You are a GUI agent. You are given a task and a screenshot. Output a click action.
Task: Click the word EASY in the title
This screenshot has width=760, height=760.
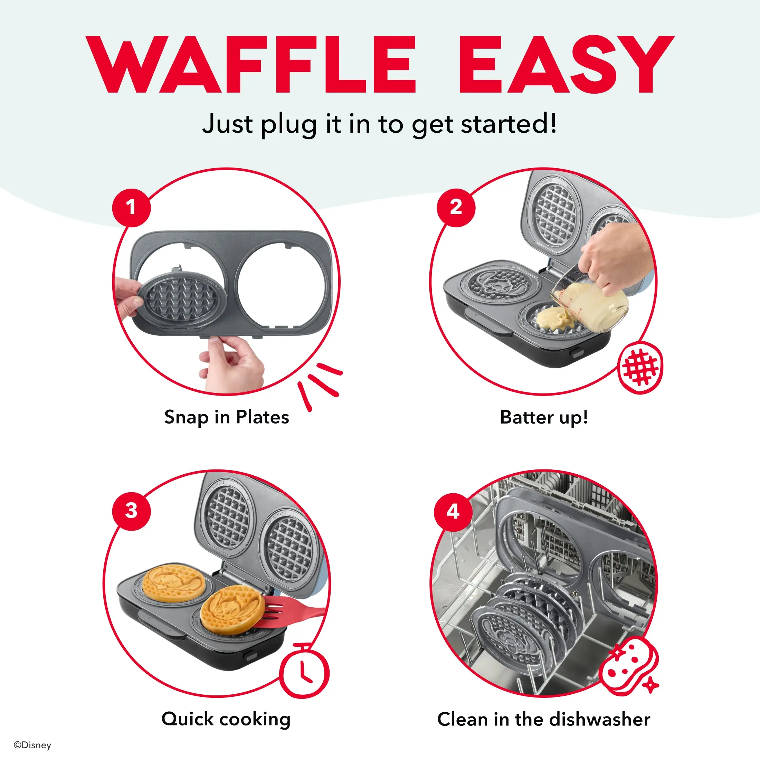tap(567, 65)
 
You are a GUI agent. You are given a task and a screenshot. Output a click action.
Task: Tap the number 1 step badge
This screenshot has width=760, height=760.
tap(131, 207)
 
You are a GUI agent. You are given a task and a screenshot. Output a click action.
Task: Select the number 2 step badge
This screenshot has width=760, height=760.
tap(456, 207)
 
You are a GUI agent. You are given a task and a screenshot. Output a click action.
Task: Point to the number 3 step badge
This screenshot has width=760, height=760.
tap(131, 511)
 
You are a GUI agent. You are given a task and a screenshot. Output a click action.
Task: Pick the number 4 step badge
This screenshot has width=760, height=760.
tap(453, 512)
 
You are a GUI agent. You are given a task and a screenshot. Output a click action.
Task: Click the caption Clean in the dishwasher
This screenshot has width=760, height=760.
tap(544, 720)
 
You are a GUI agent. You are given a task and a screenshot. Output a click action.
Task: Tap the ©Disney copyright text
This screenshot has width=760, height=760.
tap(32, 745)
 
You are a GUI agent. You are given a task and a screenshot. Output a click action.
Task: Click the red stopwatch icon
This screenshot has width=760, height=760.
tap(304, 671)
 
